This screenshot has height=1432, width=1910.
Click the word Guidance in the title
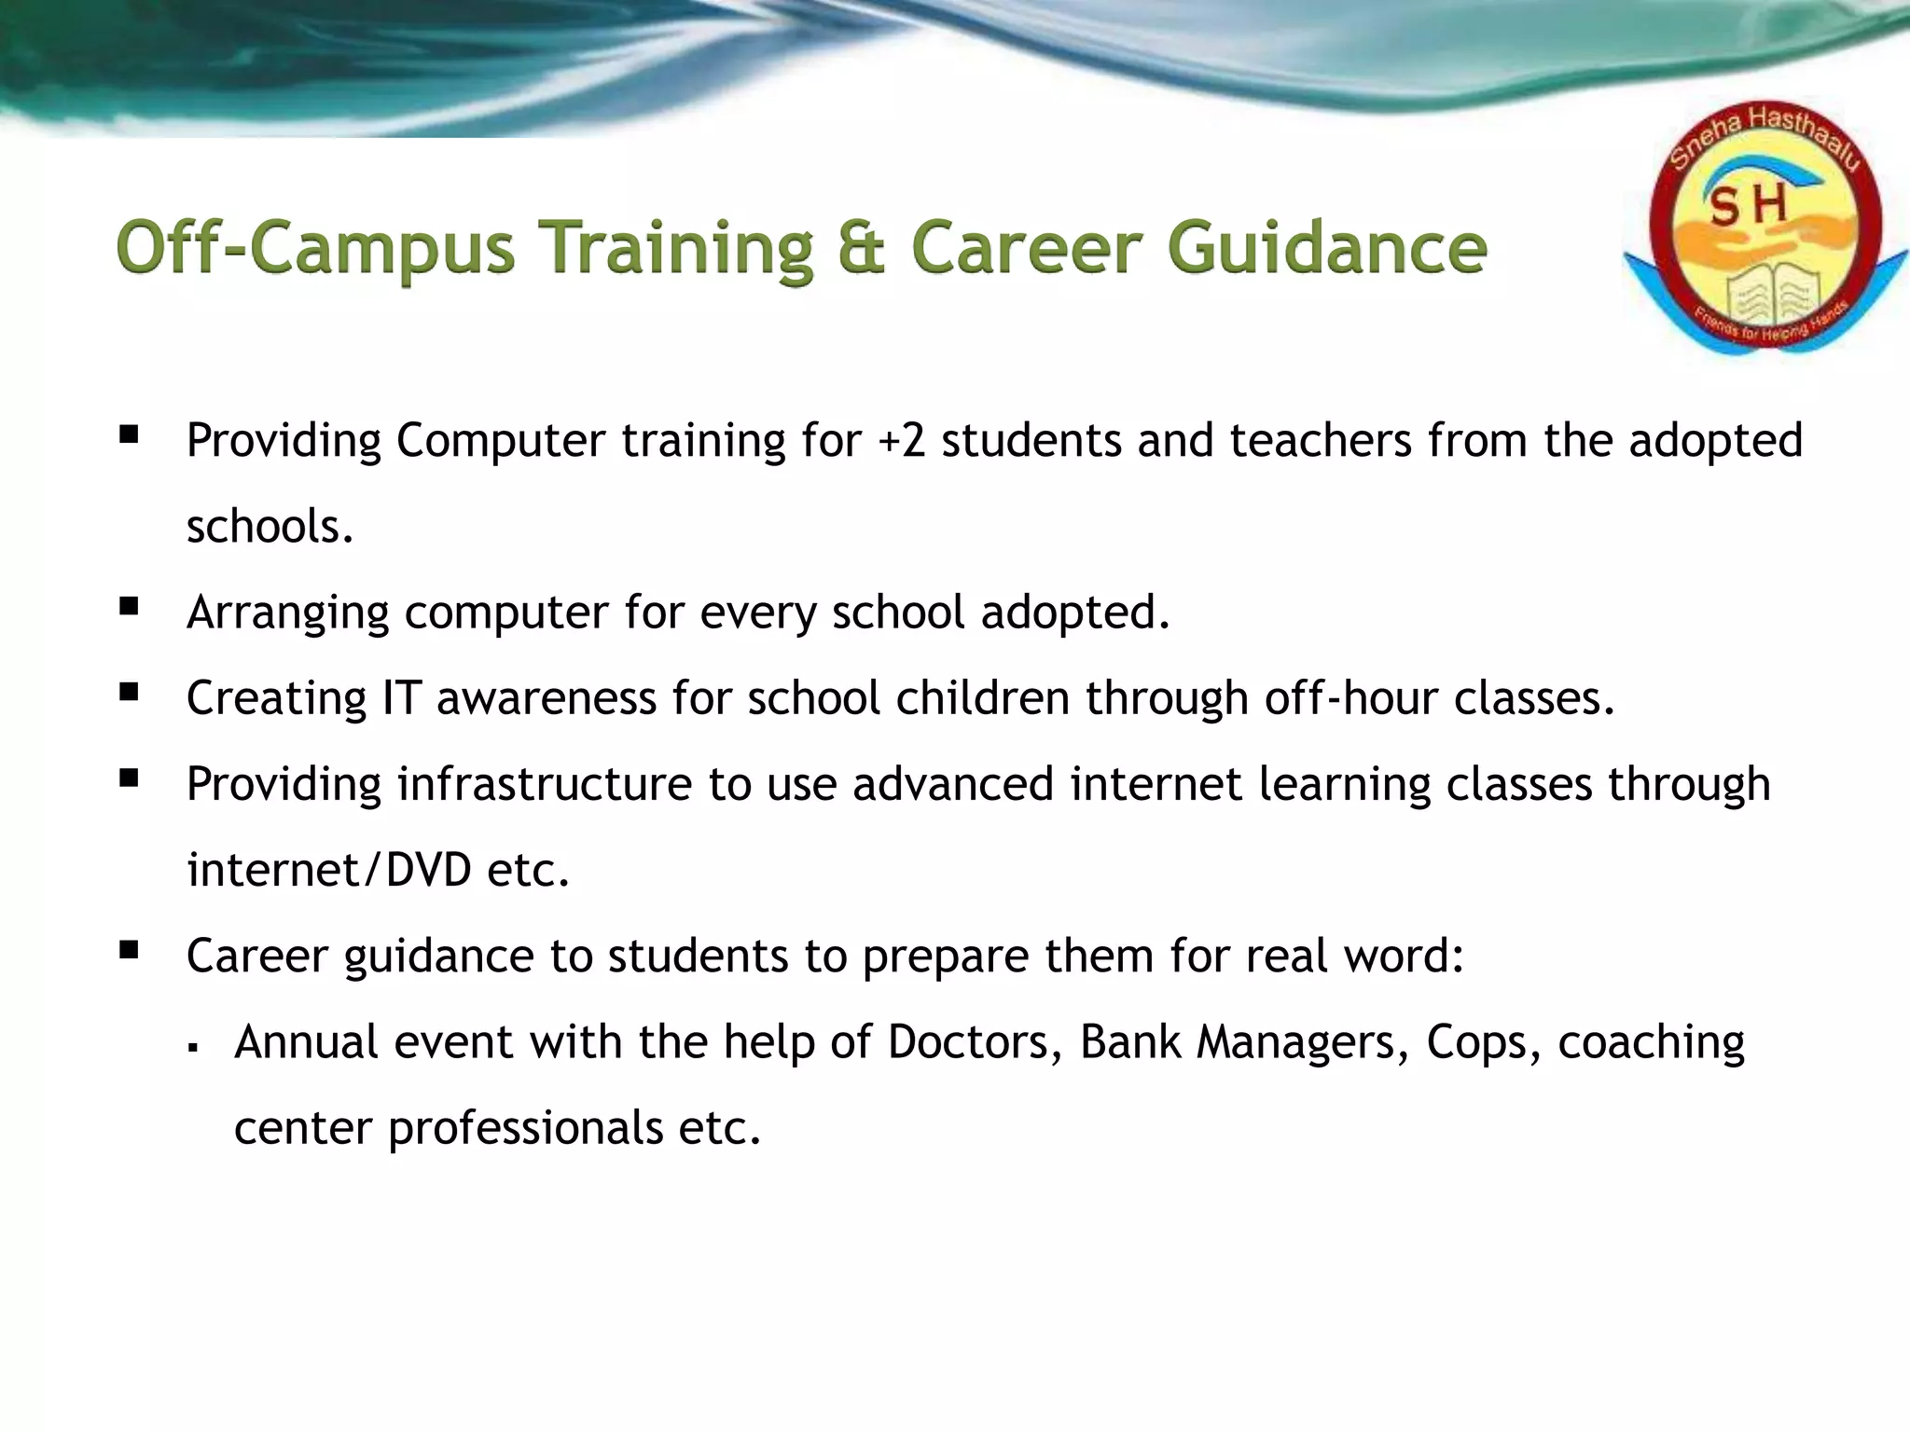point(1326,248)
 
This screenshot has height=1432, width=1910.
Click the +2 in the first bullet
point(901,440)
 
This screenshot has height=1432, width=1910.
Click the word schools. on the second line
point(270,526)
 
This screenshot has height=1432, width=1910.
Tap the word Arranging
point(286,613)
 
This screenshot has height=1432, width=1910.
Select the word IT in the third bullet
point(401,698)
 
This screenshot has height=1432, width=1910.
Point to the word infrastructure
point(544,784)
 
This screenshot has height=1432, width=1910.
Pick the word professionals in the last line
point(525,1128)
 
